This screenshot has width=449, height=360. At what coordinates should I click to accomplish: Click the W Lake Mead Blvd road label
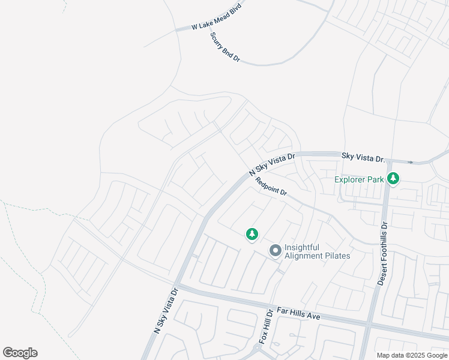[215, 17]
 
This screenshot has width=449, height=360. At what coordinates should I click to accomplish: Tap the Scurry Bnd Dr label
[225, 47]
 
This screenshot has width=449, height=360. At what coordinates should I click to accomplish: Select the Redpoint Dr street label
[271, 187]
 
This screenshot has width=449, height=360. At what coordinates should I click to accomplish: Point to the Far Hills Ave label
[298, 314]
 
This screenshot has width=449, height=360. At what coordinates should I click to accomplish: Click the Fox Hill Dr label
[266, 326]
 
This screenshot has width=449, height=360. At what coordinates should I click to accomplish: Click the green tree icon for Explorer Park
[393, 179]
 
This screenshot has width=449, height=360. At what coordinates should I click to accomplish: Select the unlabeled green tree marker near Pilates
[253, 235]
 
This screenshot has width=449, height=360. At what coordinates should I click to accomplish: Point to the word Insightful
[303, 247]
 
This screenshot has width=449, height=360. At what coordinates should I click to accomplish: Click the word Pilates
[337, 256]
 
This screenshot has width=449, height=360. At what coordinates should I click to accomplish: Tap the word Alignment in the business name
[304, 256]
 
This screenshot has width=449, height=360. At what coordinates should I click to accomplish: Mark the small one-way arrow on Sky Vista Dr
[411, 162]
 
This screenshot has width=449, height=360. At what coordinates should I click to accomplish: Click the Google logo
[20, 353]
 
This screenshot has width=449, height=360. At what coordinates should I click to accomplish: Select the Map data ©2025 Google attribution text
[412, 355]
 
